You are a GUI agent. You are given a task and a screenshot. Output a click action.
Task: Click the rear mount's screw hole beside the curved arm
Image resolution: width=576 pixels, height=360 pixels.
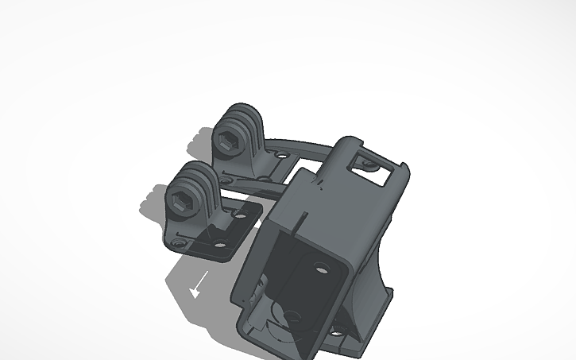click(x=279, y=157)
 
